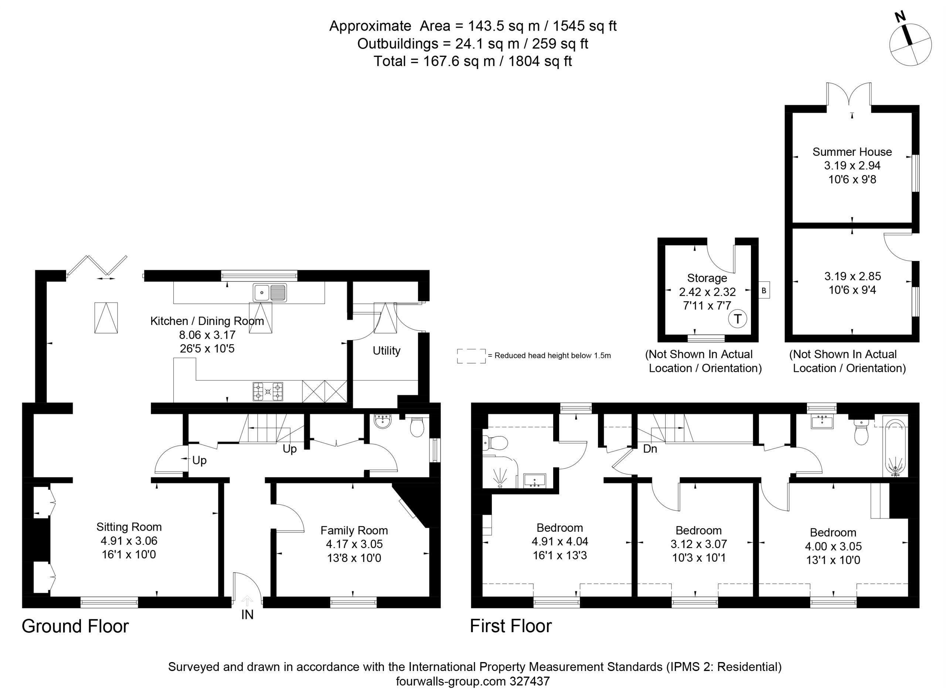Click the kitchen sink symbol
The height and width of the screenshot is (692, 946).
269,292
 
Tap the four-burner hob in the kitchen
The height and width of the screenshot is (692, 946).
268,392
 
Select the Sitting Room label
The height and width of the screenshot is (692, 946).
129,527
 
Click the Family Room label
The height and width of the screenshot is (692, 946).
354,531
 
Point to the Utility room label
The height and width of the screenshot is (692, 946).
387,350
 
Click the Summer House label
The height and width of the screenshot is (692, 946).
852,152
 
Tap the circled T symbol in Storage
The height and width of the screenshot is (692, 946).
737,319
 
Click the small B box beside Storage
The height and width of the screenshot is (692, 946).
764,290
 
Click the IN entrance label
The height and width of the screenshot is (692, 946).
247,614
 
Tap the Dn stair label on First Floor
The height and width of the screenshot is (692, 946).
650,449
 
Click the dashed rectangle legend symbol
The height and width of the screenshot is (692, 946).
471,356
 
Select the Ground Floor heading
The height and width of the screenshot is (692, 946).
75,626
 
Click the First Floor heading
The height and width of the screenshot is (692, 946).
511,626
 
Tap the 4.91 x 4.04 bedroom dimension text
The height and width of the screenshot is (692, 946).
560,542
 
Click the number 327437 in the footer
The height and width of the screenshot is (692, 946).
530,682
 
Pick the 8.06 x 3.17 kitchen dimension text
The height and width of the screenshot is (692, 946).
207,335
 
